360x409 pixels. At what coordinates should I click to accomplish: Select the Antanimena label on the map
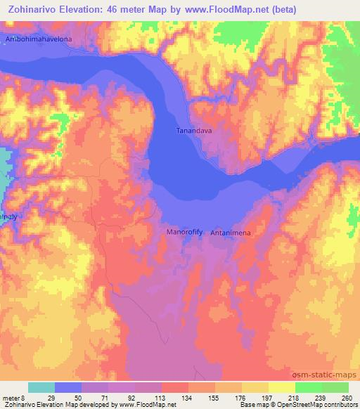[x=229, y=232]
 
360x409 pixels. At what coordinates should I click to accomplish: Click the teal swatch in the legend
[x=41, y=387]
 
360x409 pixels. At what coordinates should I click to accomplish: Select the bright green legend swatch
[x=309, y=387]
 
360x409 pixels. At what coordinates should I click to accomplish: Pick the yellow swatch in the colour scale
[x=255, y=387]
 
